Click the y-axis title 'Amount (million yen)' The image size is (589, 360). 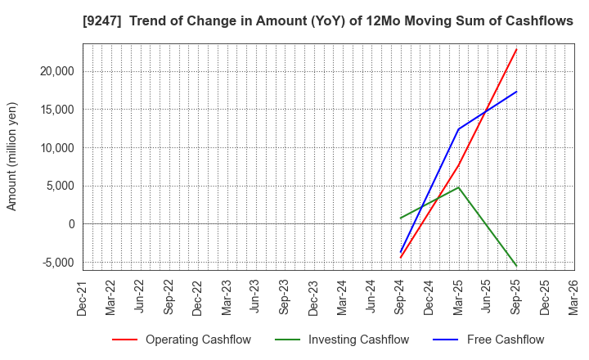[12, 156]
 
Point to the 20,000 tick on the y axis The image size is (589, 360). [55, 71]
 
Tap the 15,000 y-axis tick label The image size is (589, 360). [55, 110]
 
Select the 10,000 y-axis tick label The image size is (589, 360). [55, 148]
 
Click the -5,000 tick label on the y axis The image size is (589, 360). [56, 263]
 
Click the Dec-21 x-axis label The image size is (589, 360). [83, 297]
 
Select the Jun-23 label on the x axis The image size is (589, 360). [255, 297]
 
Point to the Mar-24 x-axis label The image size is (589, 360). [342, 297]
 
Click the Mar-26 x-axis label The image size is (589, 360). [573, 297]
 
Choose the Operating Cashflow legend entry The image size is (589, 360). [181, 340]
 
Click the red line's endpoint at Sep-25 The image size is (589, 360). [516, 49]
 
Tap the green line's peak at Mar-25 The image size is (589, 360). [458, 187]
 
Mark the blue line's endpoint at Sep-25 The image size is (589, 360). [516, 92]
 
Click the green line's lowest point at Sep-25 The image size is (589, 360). [516, 265]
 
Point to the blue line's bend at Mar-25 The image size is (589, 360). [458, 128]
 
